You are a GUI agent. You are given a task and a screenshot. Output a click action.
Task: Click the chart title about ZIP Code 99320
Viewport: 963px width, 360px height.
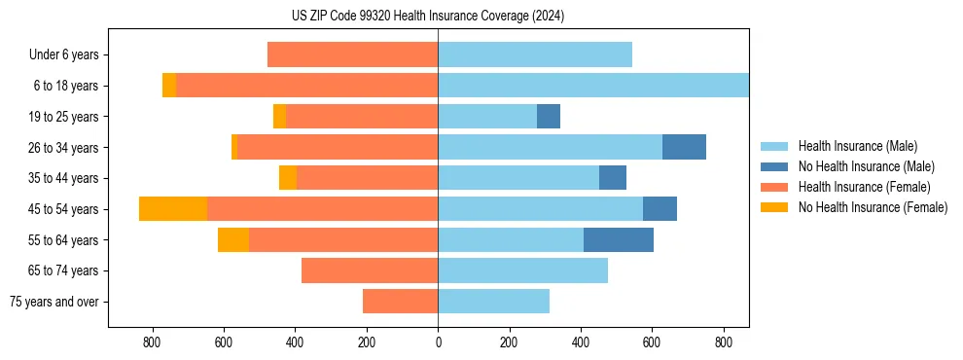click(428, 16)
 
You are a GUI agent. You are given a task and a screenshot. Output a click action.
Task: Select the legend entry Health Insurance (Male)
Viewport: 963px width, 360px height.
click(857, 146)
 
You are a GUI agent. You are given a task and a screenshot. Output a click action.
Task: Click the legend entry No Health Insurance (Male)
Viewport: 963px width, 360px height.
click(866, 166)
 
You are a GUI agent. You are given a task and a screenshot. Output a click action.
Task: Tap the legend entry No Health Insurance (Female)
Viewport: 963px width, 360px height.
click(873, 207)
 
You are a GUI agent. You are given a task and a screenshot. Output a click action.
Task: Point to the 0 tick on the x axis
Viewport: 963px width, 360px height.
click(438, 342)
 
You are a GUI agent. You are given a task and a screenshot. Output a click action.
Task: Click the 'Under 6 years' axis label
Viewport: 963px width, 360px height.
click(63, 54)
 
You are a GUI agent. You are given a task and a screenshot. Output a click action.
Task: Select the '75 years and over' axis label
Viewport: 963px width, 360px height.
click(54, 302)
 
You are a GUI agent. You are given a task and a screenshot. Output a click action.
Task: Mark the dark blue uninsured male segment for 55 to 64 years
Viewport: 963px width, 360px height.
click(619, 239)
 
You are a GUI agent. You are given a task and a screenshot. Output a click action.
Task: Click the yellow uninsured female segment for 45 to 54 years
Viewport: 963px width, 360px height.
click(173, 209)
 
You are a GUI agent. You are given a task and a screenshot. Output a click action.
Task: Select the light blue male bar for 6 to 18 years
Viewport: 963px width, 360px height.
click(593, 86)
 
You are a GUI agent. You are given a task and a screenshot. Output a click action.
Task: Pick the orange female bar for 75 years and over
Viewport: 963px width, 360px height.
click(400, 302)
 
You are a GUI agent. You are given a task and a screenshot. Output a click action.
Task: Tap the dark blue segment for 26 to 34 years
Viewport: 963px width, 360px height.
click(684, 147)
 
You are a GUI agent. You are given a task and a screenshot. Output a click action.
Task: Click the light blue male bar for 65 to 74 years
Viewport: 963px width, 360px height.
click(522, 270)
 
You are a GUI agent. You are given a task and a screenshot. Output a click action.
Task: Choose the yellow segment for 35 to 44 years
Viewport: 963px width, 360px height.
click(288, 178)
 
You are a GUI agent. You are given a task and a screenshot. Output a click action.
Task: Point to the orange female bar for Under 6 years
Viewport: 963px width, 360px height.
click(352, 54)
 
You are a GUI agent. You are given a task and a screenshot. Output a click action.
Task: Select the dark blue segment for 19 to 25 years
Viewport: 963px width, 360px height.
click(549, 117)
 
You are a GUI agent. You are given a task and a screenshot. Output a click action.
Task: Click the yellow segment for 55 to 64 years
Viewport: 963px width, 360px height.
click(233, 239)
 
